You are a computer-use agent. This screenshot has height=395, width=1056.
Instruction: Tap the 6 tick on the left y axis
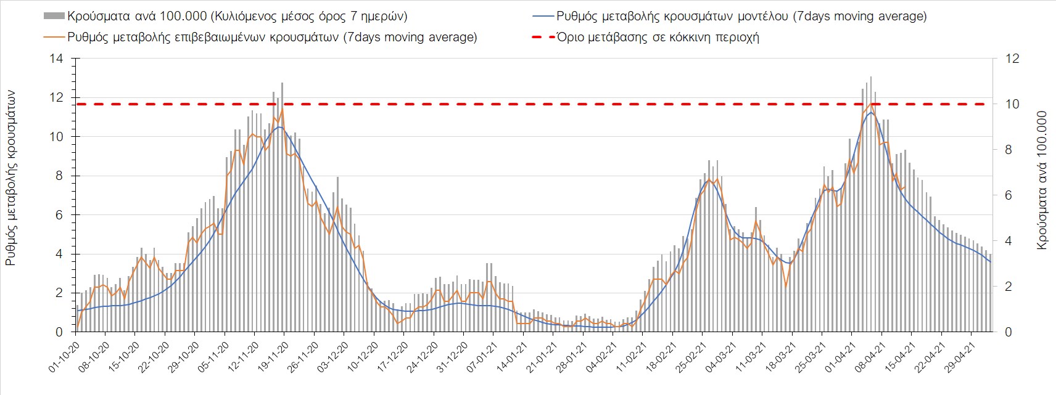tap(59, 215)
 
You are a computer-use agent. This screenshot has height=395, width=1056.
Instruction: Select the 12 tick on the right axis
tap(1012, 59)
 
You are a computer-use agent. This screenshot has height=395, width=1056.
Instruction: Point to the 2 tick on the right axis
tap(1009, 287)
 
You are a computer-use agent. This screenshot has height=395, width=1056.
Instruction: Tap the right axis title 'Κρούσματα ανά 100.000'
tap(1042, 180)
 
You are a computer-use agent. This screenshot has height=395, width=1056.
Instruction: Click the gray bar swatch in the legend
tap(54, 15)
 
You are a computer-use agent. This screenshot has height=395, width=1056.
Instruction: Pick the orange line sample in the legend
tap(54, 37)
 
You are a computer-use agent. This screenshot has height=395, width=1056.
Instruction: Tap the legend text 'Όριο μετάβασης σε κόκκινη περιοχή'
tap(658, 37)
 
